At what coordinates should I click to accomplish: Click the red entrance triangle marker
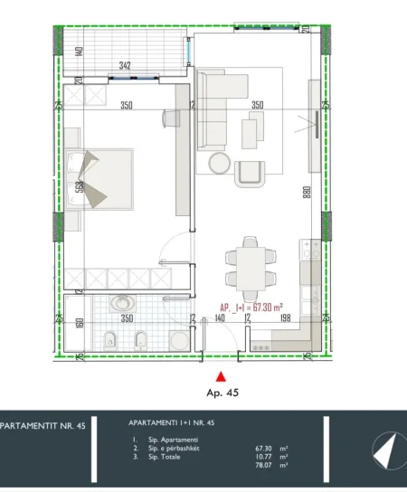tap(217, 377)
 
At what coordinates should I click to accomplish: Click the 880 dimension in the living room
tap(308, 194)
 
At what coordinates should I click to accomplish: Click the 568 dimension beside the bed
tap(80, 188)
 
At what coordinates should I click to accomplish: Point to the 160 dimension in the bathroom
tap(80, 323)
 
